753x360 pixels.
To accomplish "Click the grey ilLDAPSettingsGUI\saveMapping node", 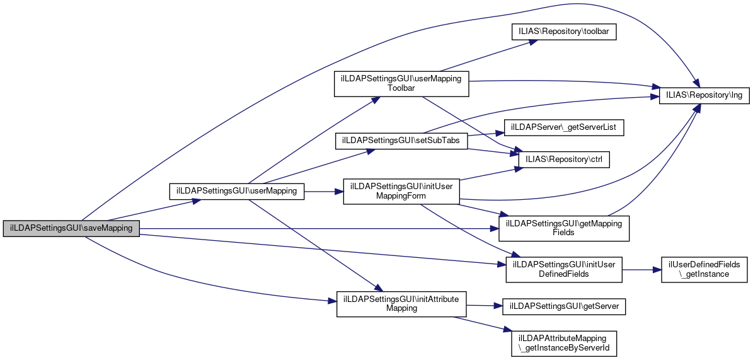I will [71, 228].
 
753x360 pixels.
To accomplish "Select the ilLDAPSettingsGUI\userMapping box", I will [237, 190].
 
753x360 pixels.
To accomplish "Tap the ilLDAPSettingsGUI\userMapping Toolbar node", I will [401, 83].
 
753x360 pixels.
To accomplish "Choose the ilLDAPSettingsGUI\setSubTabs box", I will [401, 140].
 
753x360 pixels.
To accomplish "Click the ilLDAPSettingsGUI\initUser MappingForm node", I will [401, 191].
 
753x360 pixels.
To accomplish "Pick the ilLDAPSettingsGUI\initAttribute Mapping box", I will [401, 303].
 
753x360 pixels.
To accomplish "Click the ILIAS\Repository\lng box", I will [704, 96].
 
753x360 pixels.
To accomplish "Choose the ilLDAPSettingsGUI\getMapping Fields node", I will [564, 228].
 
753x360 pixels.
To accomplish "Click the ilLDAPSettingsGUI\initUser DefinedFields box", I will [564, 269].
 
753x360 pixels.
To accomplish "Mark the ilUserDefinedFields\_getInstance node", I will [704, 269].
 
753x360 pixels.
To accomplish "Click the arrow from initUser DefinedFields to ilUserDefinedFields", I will [641, 269].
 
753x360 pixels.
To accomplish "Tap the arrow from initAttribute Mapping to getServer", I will [484, 306].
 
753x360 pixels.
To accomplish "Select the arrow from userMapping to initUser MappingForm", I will [323, 190].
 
